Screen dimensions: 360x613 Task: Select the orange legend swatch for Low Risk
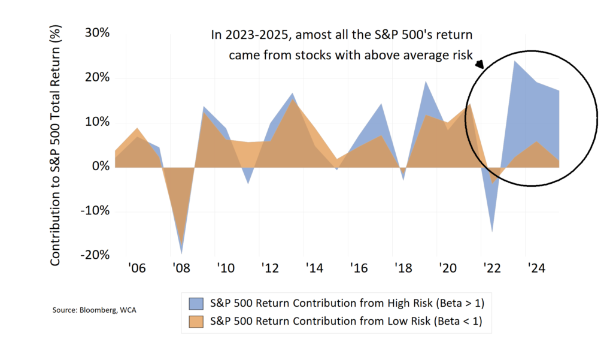[x=197, y=322]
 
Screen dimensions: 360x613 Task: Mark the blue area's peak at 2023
[x=514, y=60]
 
